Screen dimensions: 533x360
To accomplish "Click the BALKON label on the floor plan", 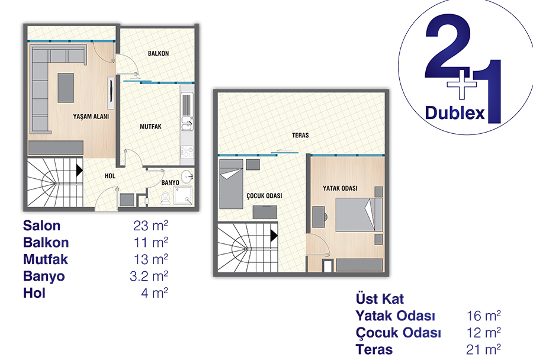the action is click(158, 53).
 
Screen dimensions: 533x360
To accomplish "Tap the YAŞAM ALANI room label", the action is click(91, 116).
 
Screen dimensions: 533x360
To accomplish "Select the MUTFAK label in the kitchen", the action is click(150, 127).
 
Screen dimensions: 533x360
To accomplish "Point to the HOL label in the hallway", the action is click(110, 176).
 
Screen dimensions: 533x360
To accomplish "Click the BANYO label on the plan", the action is click(170, 182).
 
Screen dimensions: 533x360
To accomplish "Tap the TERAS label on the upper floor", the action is click(300, 135).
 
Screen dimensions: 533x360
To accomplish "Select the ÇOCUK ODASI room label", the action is click(264, 196).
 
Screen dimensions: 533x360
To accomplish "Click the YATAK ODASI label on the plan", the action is click(340, 188).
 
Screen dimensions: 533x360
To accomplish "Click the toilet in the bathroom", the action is click(166, 198).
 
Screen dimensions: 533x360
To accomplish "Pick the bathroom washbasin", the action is click(187, 176).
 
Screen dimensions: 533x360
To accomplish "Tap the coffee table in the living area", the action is click(66, 88).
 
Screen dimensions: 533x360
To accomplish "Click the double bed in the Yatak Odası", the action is click(359, 215).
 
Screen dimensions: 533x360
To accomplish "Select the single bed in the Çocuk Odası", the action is click(231, 184).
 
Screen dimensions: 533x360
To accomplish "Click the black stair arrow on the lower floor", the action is click(79, 170).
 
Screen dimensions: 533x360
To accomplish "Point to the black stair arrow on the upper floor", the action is click(274, 235).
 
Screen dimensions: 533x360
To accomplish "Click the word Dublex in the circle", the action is click(454, 112).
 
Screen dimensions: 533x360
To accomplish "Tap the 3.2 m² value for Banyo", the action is click(149, 276).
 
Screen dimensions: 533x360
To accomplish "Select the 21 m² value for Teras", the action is click(483, 349).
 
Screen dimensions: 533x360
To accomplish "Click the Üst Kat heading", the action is click(380, 299).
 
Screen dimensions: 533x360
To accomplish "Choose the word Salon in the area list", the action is click(42, 226).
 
